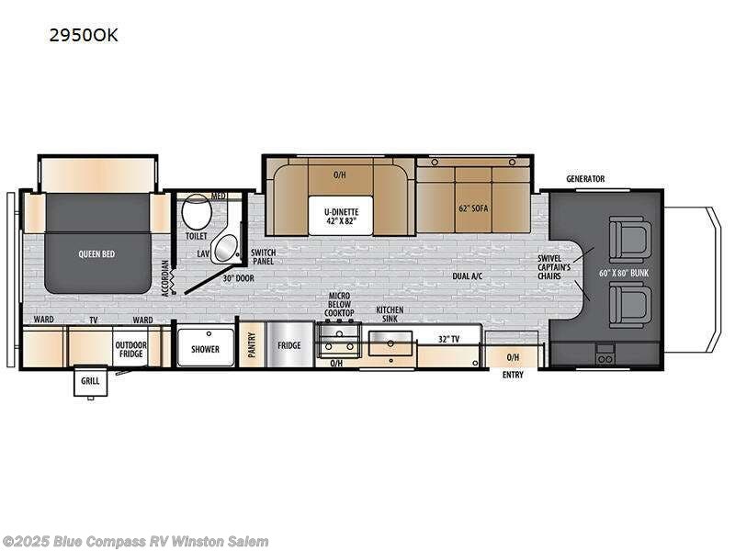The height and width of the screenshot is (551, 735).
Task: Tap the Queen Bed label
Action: [96, 253]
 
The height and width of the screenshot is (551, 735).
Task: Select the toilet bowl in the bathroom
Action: [195, 215]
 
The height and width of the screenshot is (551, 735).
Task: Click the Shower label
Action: [205, 349]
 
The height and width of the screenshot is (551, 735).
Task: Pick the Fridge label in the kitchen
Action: [289, 346]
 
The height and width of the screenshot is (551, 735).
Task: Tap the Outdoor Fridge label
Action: [130, 349]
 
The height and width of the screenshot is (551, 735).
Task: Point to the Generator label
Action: [585, 179]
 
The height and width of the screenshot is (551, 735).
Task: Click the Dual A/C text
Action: [468, 275]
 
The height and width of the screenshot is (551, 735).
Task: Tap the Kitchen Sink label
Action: [390, 315]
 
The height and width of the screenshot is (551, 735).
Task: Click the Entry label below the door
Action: [513, 375]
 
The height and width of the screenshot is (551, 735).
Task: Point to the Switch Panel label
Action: [263, 256]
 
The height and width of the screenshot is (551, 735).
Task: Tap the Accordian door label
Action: [165, 277]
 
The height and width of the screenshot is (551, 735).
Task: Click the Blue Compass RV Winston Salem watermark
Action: [136, 541]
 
